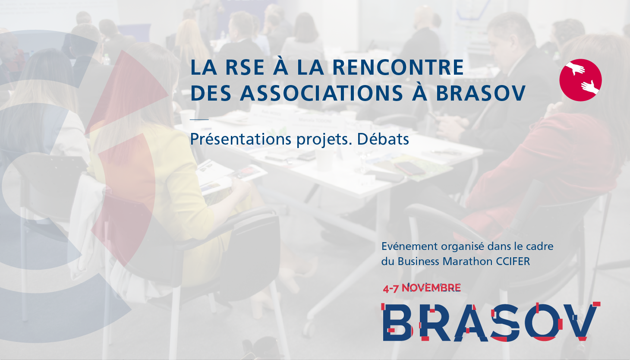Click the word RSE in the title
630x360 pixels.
pos(245,67)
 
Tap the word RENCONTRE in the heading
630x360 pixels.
pos(398,67)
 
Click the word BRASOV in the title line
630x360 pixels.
pos(481,93)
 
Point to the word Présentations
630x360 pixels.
pos(240,139)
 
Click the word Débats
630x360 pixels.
pos(383,139)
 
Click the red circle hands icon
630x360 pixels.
pos(580,80)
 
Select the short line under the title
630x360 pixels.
pos(199,120)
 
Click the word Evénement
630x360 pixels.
pos(409,246)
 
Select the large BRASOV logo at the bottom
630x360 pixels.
pos(491,322)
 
